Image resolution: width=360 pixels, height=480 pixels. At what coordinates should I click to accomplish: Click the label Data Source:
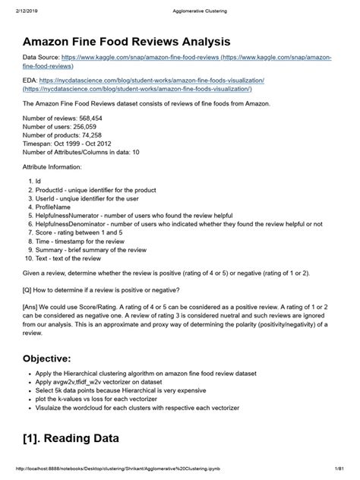point(41,58)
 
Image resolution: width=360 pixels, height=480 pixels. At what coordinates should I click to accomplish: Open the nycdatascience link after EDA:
point(153,81)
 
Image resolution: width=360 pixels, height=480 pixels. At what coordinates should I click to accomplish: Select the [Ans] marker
point(33,309)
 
